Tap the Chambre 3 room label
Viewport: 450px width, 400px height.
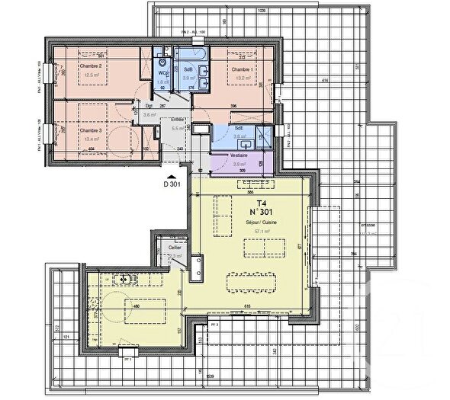(91, 130)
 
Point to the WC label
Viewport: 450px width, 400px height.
(162, 74)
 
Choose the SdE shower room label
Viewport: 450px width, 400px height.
(239, 129)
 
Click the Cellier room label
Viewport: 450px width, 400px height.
(175, 248)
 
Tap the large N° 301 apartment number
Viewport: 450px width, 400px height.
(262, 213)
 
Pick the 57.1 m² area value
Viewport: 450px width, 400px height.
(262, 229)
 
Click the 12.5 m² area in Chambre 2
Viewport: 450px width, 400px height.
(92, 75)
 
